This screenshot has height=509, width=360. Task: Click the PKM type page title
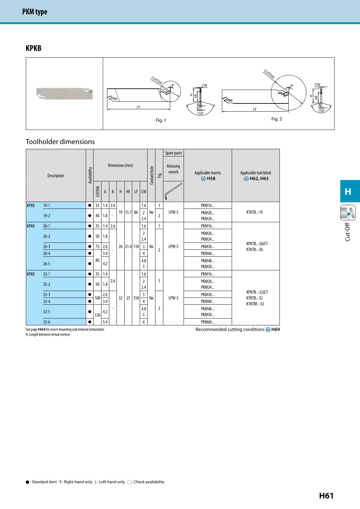pos(35,12)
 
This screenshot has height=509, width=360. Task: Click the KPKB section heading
pos(33,48)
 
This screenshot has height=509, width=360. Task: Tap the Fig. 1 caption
pos(161,120)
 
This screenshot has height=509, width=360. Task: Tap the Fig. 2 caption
pos(277,119)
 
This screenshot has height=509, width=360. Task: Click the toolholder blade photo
pos(64,94)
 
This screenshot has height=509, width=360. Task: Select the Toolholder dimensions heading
pos(60,142)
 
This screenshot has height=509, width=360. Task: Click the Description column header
pos(56,176)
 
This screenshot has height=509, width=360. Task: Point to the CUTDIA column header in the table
pos(98,191)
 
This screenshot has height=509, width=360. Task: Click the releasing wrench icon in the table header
pos(173,191)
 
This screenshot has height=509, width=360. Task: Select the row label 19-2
pos(47,216)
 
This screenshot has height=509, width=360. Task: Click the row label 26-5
pos(47,264)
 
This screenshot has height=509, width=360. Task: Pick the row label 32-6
pos(47,322)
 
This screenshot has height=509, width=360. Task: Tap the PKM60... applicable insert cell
pos(207,322)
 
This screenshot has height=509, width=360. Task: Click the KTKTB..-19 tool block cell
pos(255,212)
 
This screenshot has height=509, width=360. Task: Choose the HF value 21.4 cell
pos(128,246)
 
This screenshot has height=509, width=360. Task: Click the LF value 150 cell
pos(136,298)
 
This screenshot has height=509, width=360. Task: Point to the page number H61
pos(326,496)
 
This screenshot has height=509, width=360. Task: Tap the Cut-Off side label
pos(348,232)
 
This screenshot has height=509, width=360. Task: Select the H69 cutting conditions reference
pos(275,330)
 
